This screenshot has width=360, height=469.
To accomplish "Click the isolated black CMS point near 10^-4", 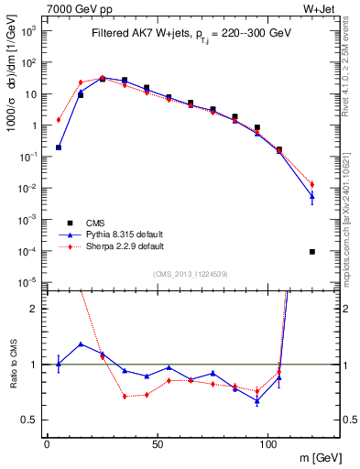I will [x=312, y=251].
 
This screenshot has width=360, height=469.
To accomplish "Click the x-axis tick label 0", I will [x=47, y=442].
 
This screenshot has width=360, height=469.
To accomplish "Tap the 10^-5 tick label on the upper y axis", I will [x=27, y=282].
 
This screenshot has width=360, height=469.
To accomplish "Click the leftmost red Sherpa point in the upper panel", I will [x=59, y=119].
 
